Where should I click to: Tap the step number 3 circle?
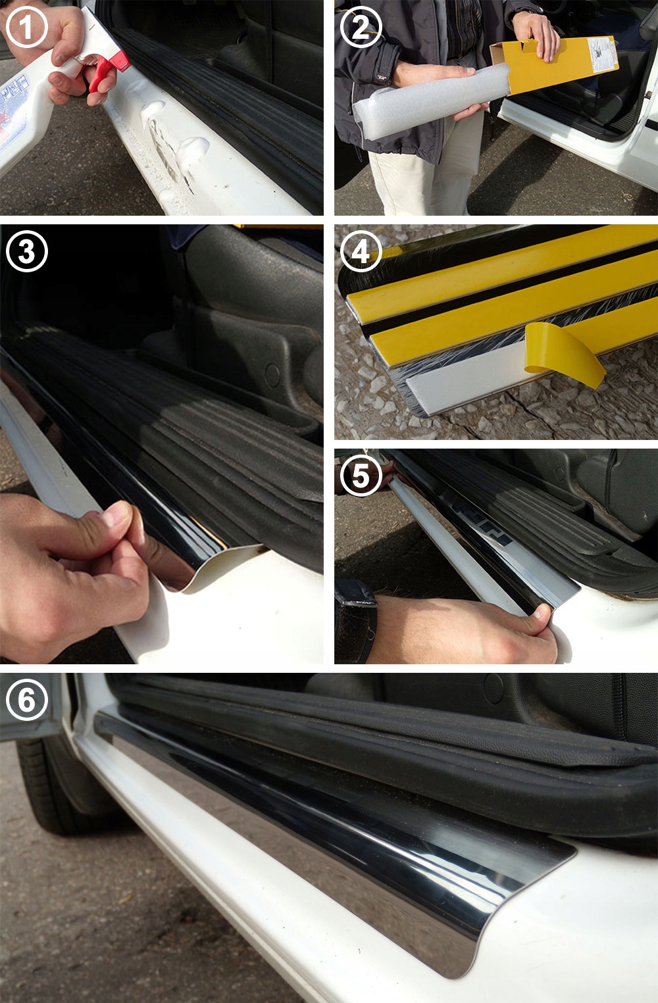click(26, 251)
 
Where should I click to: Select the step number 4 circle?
click(361, 251)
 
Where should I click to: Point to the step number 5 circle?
click(361, 475)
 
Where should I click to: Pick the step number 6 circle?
click(26, 699)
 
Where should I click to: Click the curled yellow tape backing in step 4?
click(566, 355)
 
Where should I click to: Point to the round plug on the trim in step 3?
click(272, 374)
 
